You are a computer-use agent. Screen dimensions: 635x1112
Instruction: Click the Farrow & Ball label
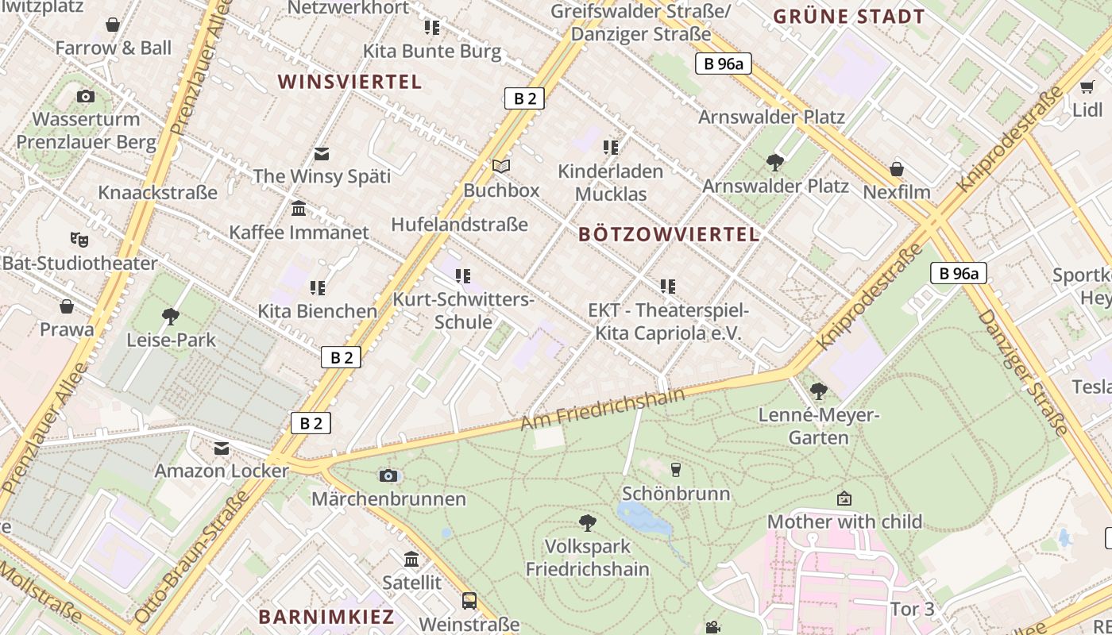[x=113, y=48]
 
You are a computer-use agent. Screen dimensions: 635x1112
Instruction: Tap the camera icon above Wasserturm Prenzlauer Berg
[x=86, y=97]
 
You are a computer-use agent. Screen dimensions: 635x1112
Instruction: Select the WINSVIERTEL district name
[x=349, y=82]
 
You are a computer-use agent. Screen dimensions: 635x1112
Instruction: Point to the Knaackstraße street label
[x=157, y=192]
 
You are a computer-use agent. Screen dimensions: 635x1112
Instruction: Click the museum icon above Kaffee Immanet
[x=299, y=209]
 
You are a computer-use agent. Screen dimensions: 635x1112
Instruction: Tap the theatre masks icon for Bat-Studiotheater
[x=79, y=238]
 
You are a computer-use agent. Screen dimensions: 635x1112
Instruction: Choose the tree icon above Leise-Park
[x=171, y=317]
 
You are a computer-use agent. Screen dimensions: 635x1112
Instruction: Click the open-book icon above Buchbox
[x=500, y=166]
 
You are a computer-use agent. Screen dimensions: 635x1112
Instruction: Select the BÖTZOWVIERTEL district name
[x=669, y=235]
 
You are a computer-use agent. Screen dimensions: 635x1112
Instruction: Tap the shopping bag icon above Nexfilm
[x=897, y=169]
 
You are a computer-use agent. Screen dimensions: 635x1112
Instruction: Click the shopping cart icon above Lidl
[x=1087, y=87]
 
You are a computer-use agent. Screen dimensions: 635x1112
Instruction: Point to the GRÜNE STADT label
[x=849, y=17]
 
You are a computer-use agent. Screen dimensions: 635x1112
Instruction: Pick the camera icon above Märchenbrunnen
[x=388, y=475]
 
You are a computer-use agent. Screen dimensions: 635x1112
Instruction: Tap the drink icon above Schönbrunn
[x=676, y=469]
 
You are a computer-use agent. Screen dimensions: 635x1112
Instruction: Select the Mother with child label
[x=844, y=522]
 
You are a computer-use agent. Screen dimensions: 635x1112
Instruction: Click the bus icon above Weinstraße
[x=469, y=600]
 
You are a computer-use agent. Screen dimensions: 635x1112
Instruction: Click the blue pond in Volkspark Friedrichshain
[x=642, y=518]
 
